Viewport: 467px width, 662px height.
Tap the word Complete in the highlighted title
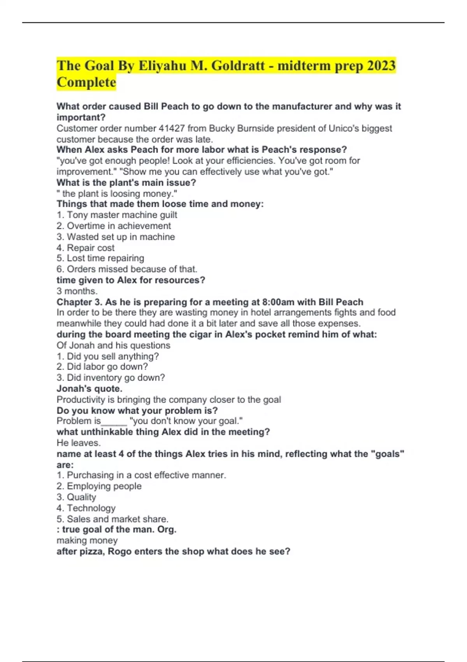(x=86, y=82)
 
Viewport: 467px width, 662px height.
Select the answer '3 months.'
(x=77, y=291)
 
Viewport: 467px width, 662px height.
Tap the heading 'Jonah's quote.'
(x=90, y=388)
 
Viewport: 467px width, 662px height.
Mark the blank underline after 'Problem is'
(x=114, y=421)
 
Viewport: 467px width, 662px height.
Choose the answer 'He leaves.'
(x=79, y=443)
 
